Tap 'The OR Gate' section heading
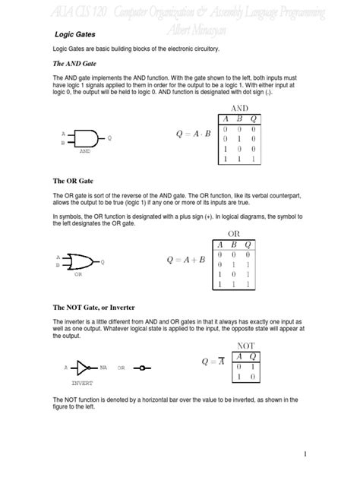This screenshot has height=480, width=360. click(72, 182)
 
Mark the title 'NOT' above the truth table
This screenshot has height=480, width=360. click(246, 346)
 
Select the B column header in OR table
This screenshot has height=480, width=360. click(235, 244)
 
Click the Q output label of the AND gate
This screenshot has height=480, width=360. click(110, 138)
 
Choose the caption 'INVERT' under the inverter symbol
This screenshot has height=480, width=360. click(81, 384)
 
